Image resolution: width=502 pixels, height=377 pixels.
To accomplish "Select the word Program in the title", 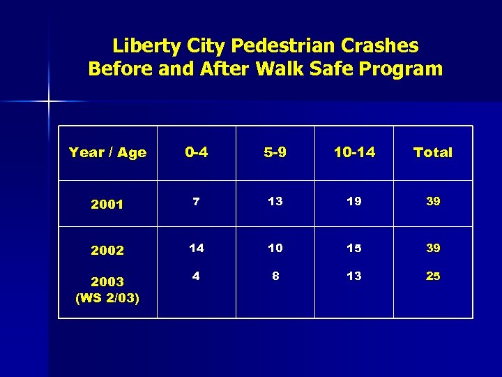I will pyautogui.click(x=405, y=69).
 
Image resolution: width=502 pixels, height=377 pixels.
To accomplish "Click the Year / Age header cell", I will pyautogui.click(x=107, y=152).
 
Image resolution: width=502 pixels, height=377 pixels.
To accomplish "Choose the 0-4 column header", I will pyautogui.click(x=196, y=152).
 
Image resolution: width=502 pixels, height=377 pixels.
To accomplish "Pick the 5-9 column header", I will pyautogui.click(x=275, y=152).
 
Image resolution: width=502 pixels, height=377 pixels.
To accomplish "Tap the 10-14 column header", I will pyautogui.click(x=354, y=152).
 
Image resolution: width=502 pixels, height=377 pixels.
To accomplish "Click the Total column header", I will pyautogui.click(x=432, y=152).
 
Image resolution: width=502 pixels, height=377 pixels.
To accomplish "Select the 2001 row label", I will pyautogui.click(x=107, y=205).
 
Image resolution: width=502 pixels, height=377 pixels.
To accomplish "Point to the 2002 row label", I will pyautogui.click(x=107, y=250).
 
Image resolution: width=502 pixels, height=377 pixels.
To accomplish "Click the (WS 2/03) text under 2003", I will pyautogui.click(x=107, y=299).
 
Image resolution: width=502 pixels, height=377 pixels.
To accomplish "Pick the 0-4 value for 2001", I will pyautogui.click(x=196, y=201).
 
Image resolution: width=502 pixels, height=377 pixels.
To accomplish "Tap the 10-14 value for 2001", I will pyautogui.click(x=354, y=201).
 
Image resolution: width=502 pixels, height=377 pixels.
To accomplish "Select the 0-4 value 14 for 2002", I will pyautogui.click(x=196, y=248).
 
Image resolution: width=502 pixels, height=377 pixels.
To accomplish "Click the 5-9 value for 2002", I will pyautogui.click(x=275, y=248).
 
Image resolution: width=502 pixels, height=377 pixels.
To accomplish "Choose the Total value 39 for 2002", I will pyautogui.click(x=433, y=248).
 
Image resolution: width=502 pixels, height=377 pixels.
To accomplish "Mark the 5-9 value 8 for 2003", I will pyautogui.click(x=275, y=276).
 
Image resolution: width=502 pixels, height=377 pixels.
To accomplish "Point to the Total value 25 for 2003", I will pyautogui.click(x=433, y=276).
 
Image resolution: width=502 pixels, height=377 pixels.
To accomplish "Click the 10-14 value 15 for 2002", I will pyautogui.click(x=354, y=248).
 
